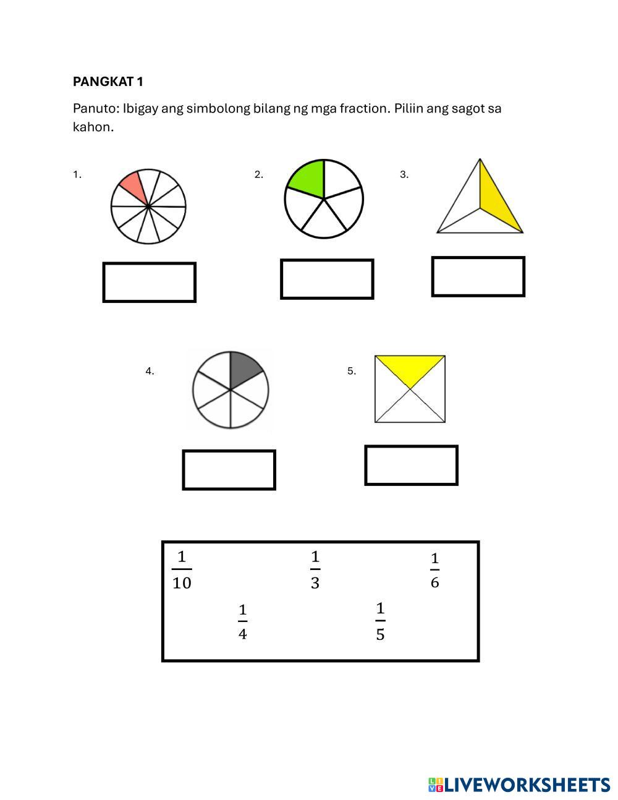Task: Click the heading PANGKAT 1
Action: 108,82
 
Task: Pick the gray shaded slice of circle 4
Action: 244,369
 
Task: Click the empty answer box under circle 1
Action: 150,283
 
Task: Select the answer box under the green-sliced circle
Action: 327,279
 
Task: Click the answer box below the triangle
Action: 478,277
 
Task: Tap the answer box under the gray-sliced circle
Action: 229,470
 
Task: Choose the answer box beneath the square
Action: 412,466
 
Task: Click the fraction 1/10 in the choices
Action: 182,569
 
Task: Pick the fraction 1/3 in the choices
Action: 315,569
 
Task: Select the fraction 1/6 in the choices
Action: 435,570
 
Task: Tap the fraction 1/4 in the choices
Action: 243,622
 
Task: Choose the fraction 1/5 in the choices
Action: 380,621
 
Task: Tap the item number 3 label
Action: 404,175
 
